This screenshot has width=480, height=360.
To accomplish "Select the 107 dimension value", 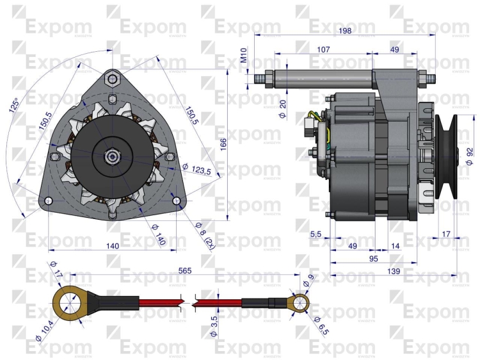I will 324,49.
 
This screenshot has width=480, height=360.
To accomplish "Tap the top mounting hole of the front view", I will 113,78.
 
